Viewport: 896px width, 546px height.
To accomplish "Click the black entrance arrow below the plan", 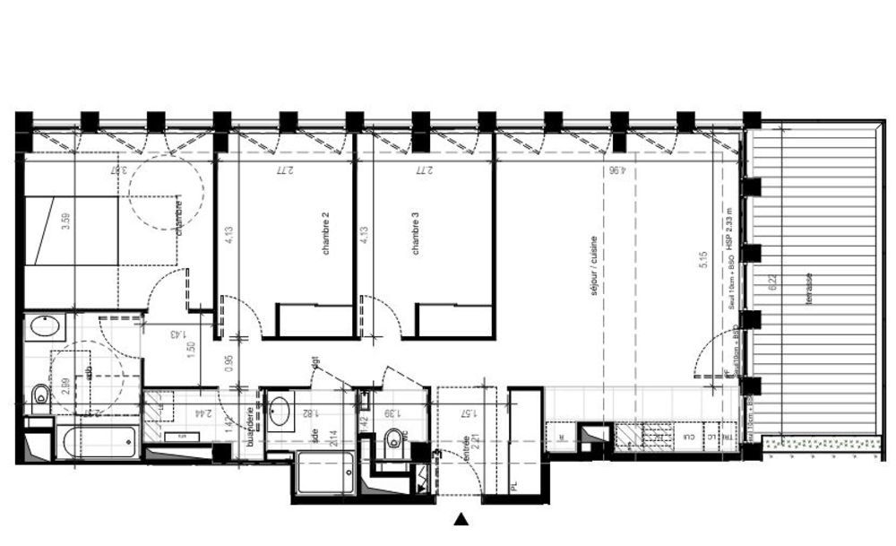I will (461, 518).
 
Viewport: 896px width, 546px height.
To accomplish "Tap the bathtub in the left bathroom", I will (97, 442).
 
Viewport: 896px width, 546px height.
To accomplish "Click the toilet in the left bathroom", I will (39, 394).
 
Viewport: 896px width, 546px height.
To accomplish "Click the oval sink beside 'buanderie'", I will (280, 412).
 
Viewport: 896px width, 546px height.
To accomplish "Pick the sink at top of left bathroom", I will (44, 326).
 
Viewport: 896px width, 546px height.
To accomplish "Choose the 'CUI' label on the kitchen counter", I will (689, 437).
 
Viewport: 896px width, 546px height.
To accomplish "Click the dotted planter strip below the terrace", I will (819, 442).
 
